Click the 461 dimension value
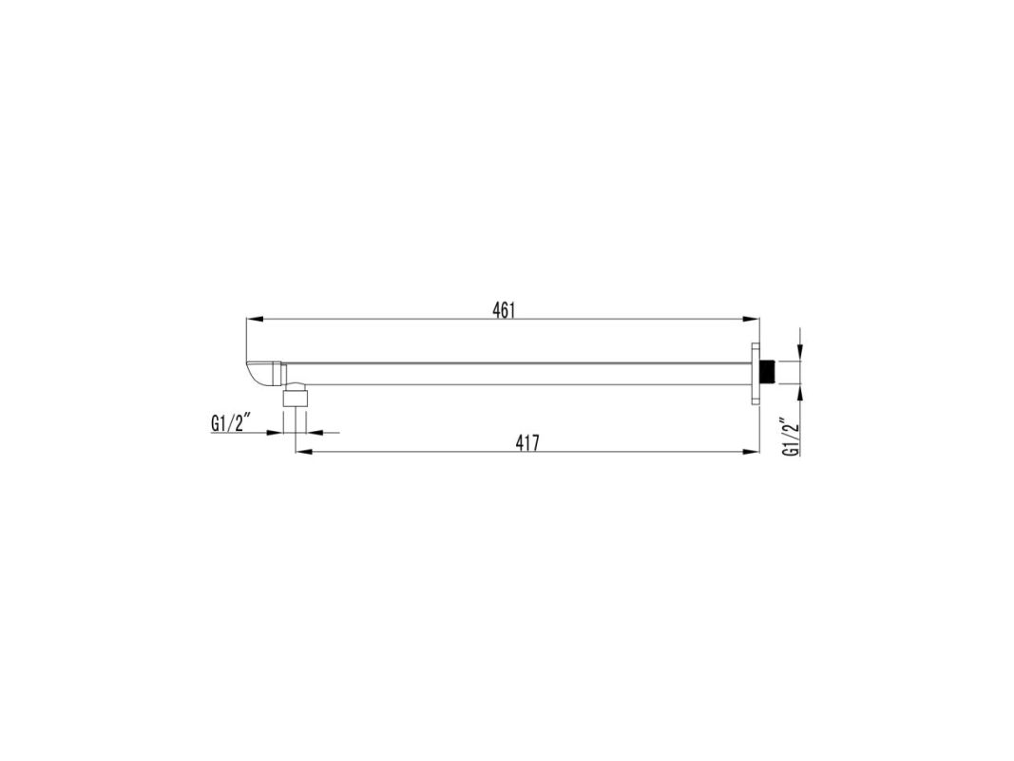[x=504, y=311]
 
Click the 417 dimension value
[x=527, y=443]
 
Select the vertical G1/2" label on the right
[x=791, y=439]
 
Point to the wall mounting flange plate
[x=756, y=374]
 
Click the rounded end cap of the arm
[x=261, y=374]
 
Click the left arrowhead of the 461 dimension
[x=255, y=319]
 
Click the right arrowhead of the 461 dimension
[x=751, y=319]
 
